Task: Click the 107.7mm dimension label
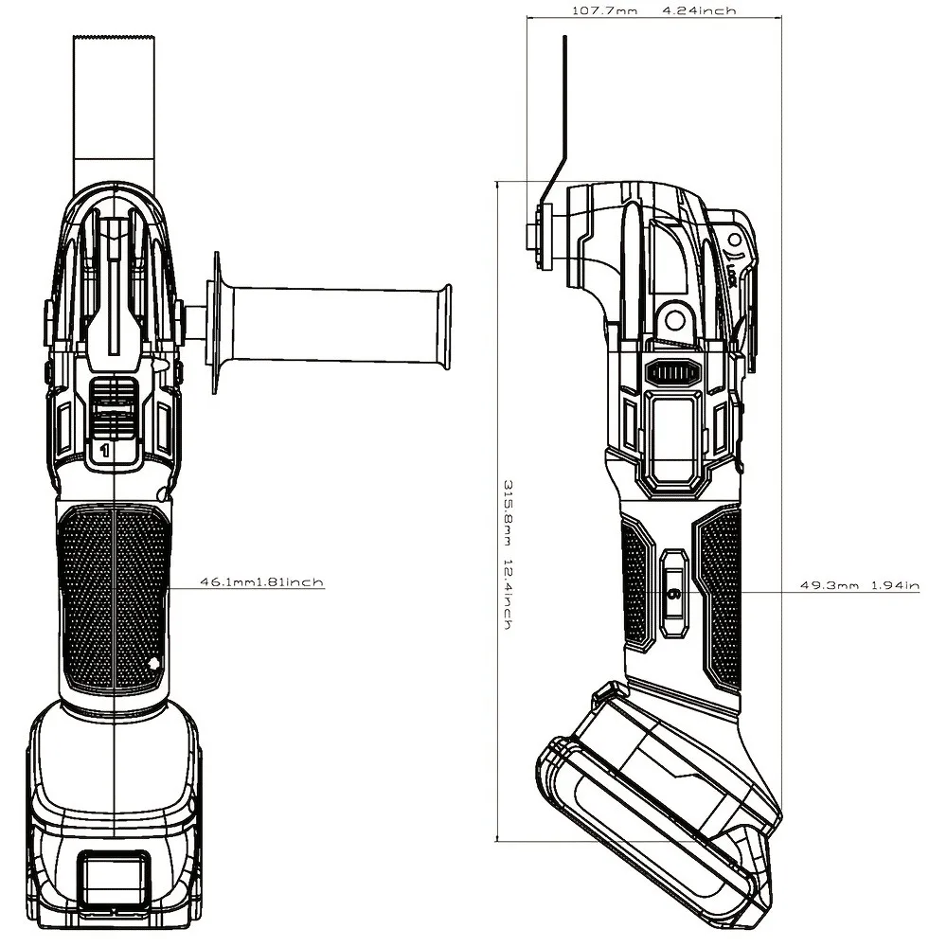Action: pos(604,10)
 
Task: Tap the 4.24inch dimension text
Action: pos(700,10)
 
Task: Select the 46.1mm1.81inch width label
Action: pos(262,582)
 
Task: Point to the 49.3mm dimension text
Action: pos(830,584)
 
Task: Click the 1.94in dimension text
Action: pos(895,584)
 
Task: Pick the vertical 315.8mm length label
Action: pos(509,511)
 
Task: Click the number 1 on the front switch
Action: pos(105,450)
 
